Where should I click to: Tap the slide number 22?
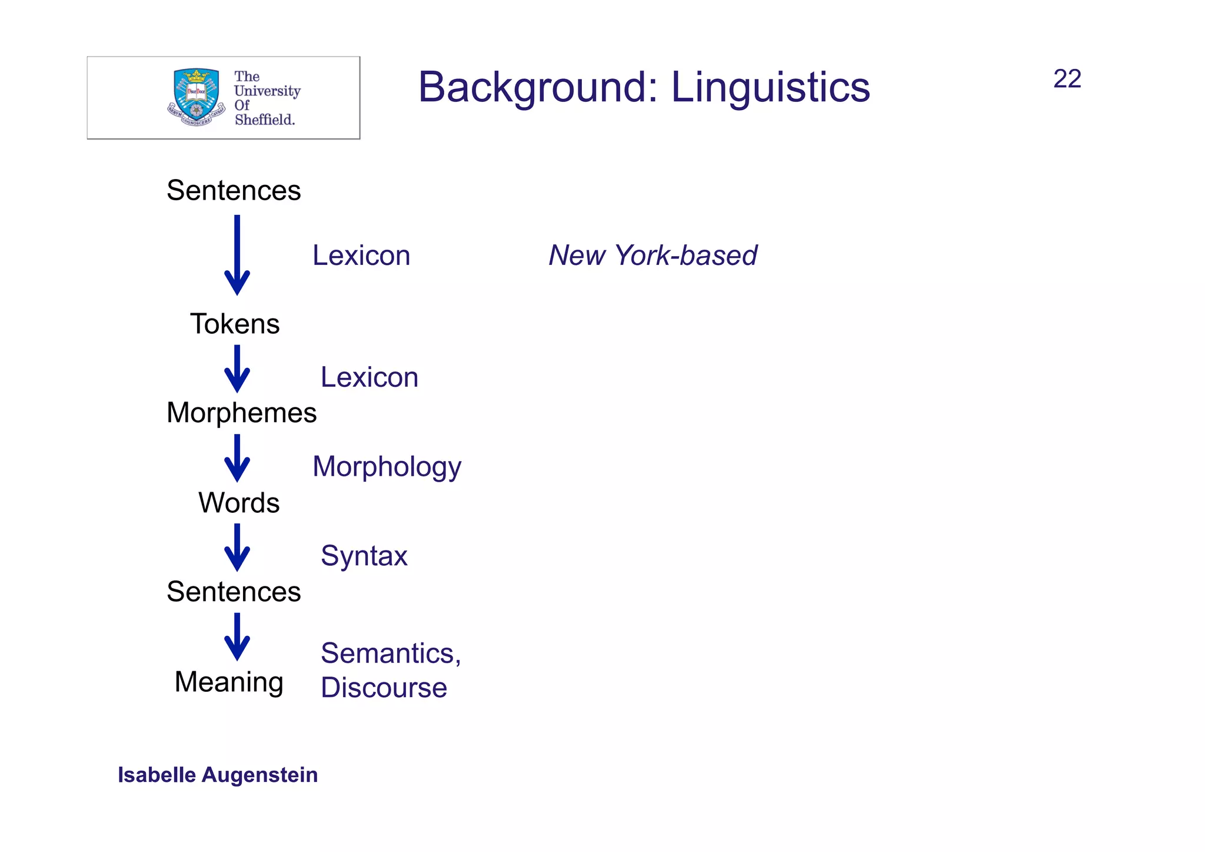[1067, 79]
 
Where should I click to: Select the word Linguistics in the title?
[770, 87]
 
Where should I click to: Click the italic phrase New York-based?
[653, 256]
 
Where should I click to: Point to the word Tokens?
[235, 324]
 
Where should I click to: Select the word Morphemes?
[241, 413]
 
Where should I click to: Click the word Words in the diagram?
[239, 503]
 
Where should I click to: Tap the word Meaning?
[229, 682]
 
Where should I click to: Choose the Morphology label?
[387, 467]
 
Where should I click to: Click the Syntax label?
[364, 556]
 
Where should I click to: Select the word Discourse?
[384, 688]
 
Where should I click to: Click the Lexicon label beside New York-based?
[361, 256]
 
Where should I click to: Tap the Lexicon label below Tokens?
[369, 377]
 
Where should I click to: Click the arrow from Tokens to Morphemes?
[237, 369]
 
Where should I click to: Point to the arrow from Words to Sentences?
[237, 547]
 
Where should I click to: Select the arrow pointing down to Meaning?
[237, 636]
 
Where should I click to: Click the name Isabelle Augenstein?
[218, 775]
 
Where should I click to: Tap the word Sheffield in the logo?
[264, 120]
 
